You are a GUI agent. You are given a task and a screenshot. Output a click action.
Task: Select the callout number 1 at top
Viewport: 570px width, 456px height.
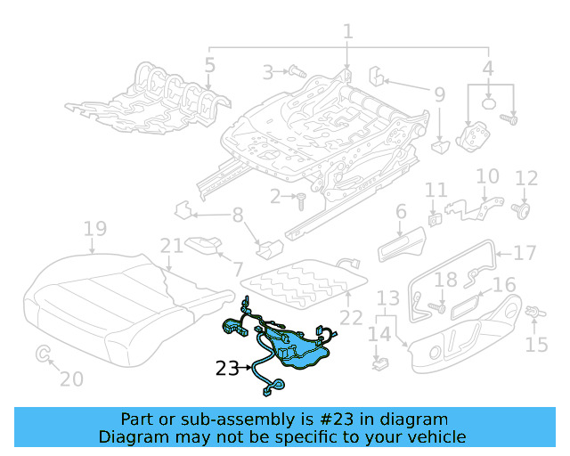[x=348, y=32]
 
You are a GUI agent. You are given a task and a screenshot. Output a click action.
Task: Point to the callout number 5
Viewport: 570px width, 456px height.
[x=209, y=65]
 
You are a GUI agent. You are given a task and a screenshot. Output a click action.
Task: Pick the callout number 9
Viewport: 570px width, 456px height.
[x=439, y=93]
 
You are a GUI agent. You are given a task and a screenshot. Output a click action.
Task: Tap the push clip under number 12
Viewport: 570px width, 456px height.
[x=524, y=210]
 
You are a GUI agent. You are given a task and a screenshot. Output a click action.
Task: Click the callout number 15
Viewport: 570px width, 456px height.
[x=537, y=345]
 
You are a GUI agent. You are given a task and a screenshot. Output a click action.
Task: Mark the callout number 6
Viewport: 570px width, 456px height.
[x=401, y=211]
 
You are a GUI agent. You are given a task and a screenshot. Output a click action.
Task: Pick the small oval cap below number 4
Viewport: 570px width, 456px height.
[x=489, y=104]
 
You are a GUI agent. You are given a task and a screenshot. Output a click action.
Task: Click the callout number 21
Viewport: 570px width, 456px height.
[x=171, y=246]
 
